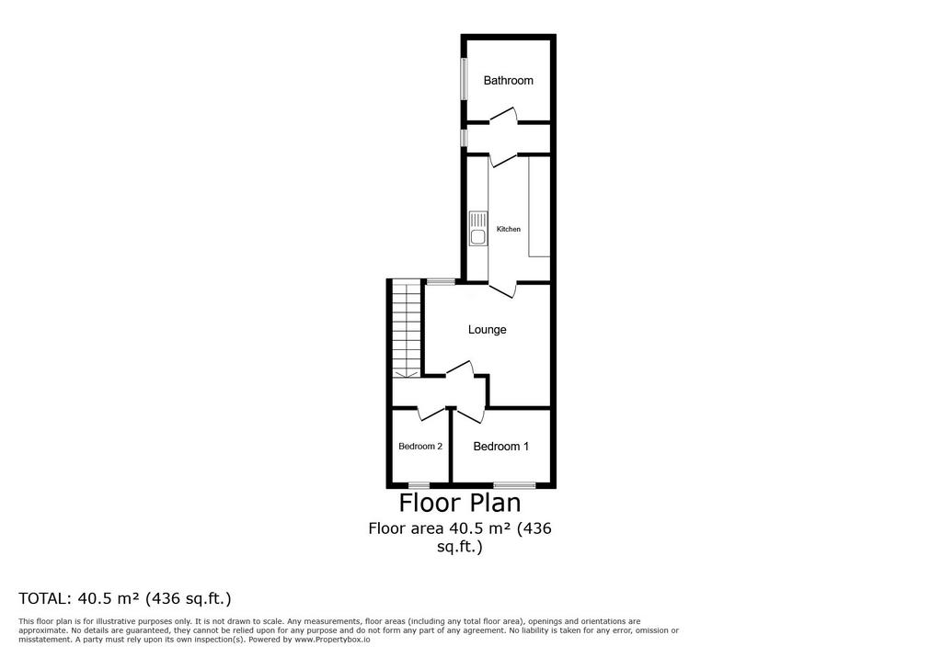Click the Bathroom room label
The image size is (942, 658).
[x=508, y=81]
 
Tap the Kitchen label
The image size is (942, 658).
[x=508, y=229]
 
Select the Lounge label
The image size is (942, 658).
[x=488, y=330]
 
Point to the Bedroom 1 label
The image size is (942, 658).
[x=501, y=446]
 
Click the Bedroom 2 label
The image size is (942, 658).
[x=420, y=446]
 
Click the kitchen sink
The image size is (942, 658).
[x=478, y=228]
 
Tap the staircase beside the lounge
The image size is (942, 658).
[x=406, y=330]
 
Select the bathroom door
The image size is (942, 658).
[x=504, y=117]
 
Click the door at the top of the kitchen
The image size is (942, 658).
[x=503, y=159]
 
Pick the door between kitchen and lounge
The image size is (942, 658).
[x=502, y=289]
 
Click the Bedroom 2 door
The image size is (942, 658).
[x=432, y=413]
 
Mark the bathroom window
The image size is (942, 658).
[x=464, y=78]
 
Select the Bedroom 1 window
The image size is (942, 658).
[x=515, y=484]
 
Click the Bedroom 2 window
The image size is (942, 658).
[x=419, y=484]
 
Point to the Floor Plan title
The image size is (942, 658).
[x=460, y=503]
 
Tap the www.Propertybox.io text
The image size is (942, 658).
[x=332, y=640]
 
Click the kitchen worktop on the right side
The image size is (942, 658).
[x=539, y=207]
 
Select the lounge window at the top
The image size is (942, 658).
[x=441, y=281]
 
